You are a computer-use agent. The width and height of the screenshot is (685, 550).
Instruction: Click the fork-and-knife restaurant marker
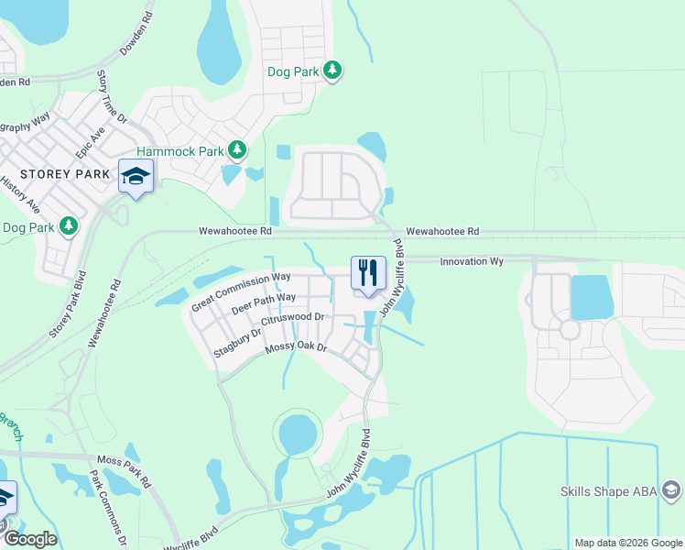pyautogui.click(x=368, y=272)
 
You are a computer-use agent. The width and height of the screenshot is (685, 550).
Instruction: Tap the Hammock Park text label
pyautogui.click(x=179, y=149)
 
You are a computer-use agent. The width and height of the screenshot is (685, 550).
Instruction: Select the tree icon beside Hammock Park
pyautogui.click(x=237, y=148)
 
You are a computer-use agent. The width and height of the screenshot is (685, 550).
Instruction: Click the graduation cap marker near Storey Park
pyautogui.click(x=136, y=175)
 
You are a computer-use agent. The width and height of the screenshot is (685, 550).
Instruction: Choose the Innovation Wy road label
pyautogui.click(x=472, y=261)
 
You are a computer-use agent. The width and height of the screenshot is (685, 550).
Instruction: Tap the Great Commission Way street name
pyautogui.click(x=240, y=291)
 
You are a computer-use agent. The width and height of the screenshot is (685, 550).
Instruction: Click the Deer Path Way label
pyautogui.click(x=263, y=303)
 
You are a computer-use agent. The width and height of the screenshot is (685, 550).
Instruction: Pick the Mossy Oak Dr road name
pyautogui.click(x=296, y=347)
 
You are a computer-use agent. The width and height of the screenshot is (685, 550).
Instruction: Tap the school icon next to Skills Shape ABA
pyautogui.click(x=671, y=492)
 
